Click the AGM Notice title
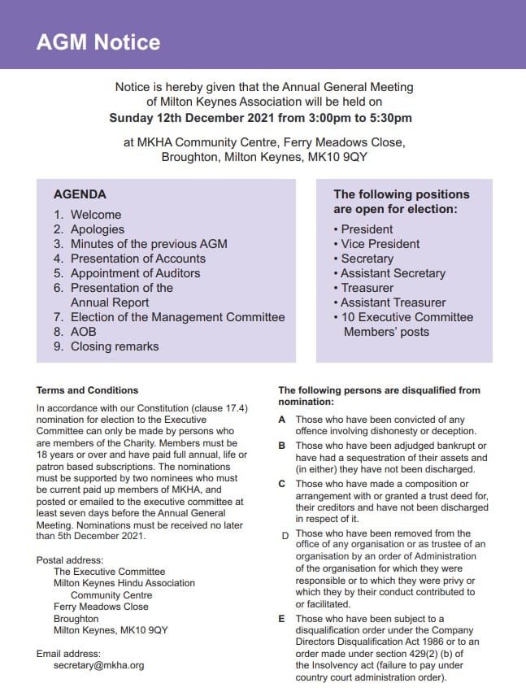[98, 42]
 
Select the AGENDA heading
[80, 194]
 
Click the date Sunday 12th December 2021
[189, 117]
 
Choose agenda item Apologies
[97, 229]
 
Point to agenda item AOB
[83, 332]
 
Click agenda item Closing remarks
[115, 346]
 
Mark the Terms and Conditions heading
[88, 390]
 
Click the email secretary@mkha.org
[98, 665]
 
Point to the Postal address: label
[71, 560]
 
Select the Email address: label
[69, 653]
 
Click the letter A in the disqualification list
[282, 420]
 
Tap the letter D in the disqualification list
[285, 535]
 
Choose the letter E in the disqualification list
[282, 619]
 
